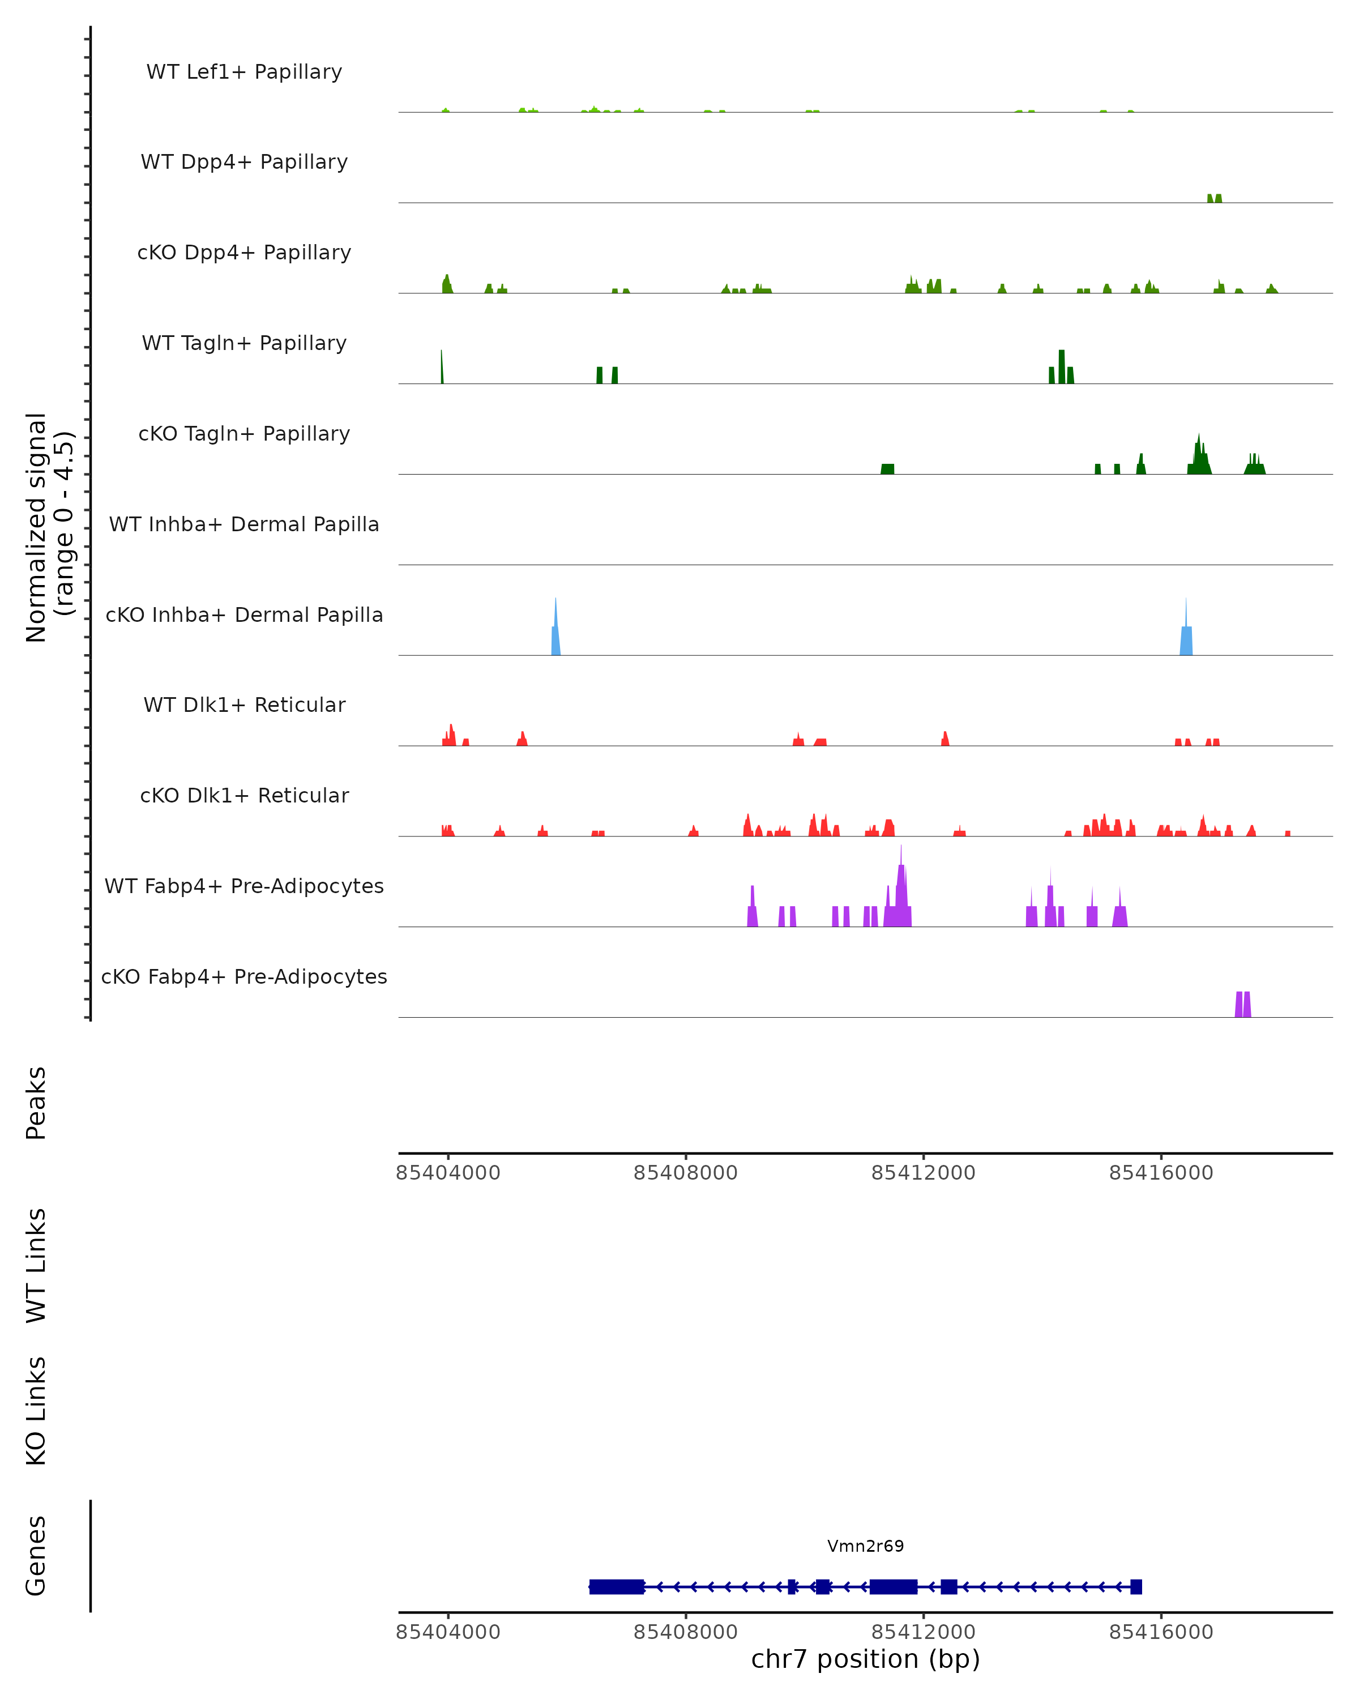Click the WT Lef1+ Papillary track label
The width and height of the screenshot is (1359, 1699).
244,72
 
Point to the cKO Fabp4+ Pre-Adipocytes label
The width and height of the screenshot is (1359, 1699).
244,976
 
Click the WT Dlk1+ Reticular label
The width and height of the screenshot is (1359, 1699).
244,705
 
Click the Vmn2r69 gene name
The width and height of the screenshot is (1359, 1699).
865,1546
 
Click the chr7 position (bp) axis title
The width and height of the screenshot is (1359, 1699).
865,1659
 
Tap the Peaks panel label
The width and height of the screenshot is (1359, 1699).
36,1103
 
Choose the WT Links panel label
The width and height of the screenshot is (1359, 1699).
36,1266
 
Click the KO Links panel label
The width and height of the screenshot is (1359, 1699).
36,1411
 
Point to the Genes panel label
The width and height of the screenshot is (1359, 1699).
36,1556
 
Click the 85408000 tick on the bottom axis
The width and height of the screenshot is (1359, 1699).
685,1632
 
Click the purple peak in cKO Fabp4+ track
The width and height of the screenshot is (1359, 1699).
1242,1005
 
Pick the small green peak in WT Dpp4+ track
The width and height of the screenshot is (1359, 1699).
1214,199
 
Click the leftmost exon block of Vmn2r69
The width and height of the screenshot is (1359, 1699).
616,1587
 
